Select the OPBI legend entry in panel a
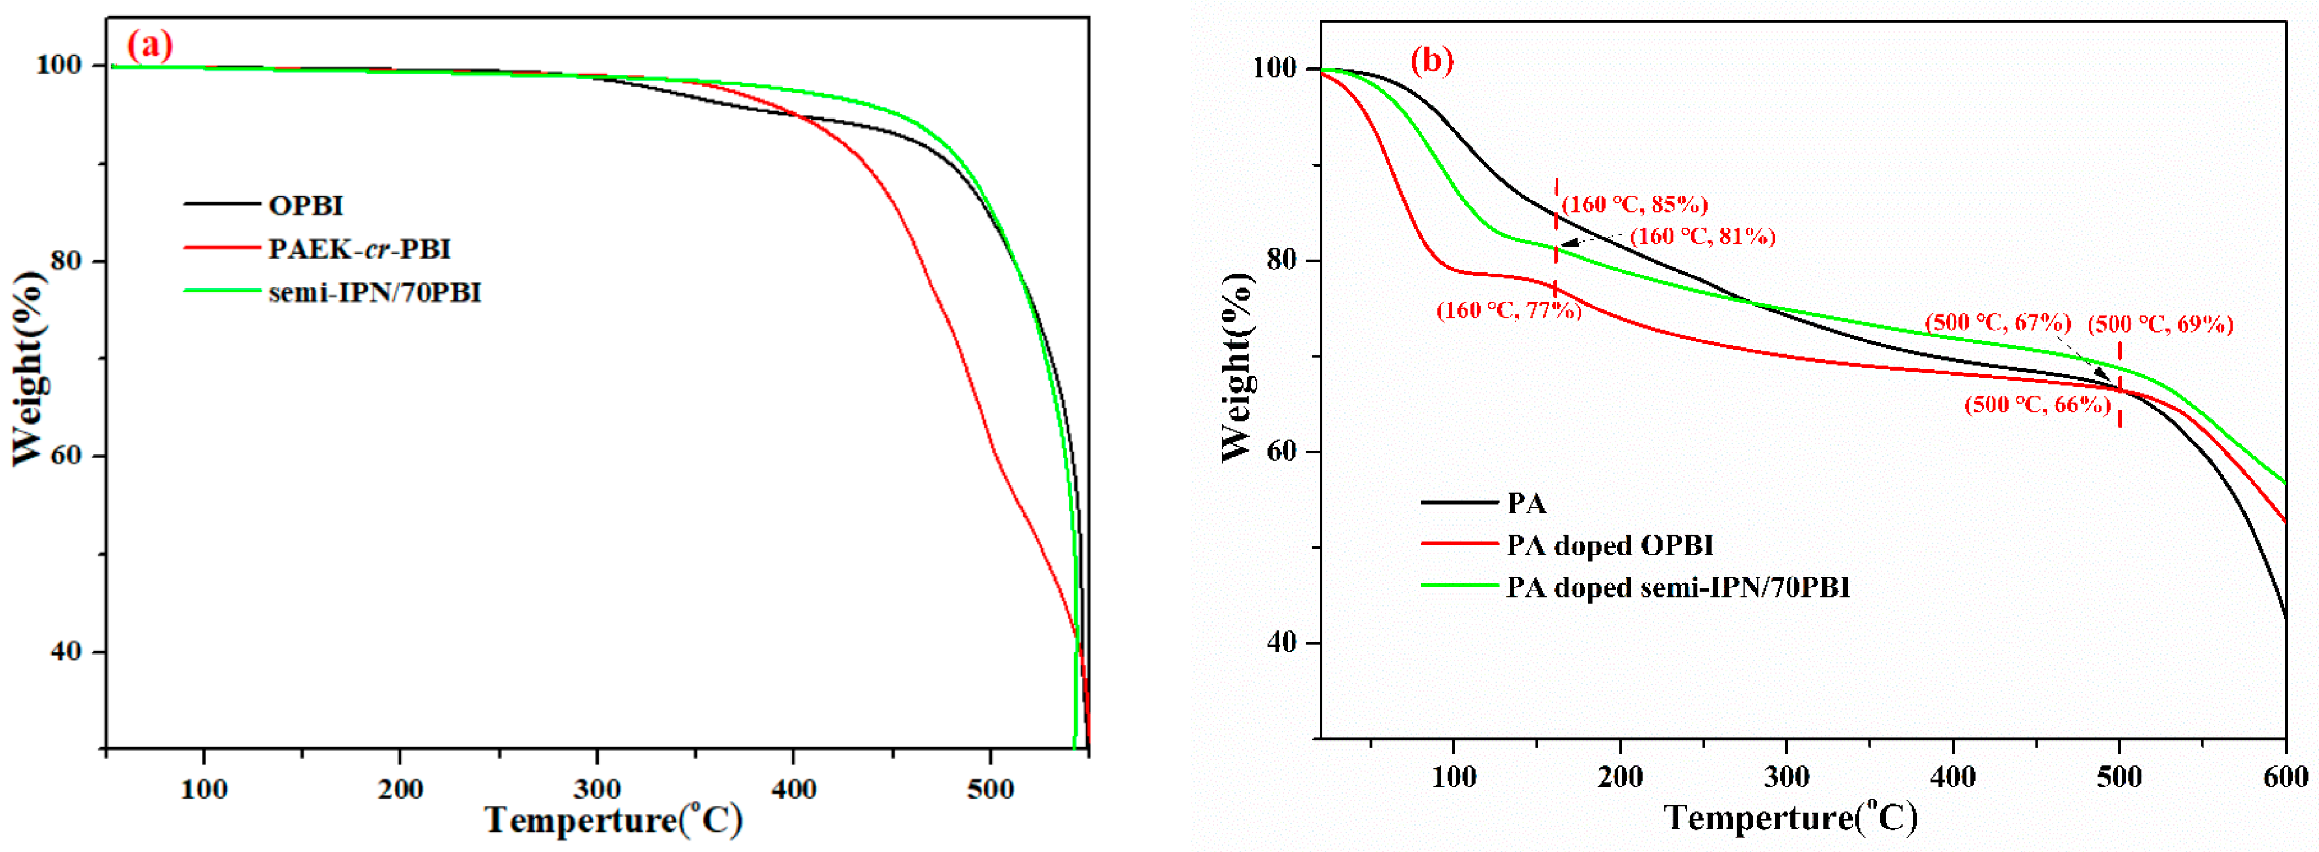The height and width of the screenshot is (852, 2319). [305, 205]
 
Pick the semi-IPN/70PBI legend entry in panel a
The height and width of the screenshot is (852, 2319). [374, 292]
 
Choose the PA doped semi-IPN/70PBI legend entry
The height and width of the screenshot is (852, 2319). [1677, 587]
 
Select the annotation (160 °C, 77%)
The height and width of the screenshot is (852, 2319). [1508, 310]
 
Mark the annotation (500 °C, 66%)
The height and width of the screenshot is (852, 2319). [2037, 404]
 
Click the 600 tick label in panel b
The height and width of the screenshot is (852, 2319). [2285, 776]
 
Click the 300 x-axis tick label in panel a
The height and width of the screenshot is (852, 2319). [597, 789]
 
